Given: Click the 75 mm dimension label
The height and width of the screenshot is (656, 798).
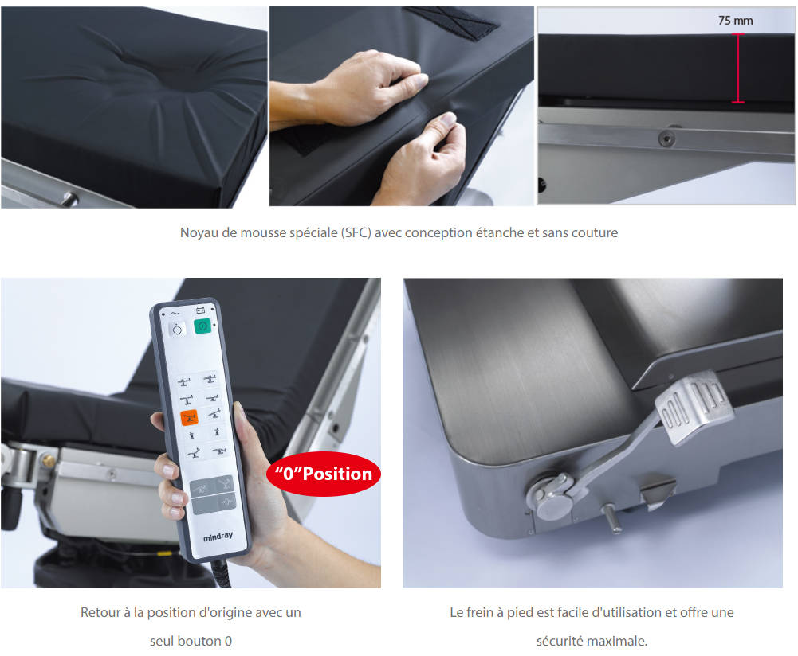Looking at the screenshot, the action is pyautogui.click(x=735, y=21).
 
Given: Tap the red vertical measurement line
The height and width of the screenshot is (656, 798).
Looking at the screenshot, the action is pyautogui.click(x=738, y=68).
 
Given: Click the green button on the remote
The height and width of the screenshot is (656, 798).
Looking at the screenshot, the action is pyautogui.click(x=202, y=326).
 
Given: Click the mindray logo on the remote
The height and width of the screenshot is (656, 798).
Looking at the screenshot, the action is pyautogui.click(x=218, y=537).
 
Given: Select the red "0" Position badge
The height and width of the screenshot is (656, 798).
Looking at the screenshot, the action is pyautogui.click(x=324, y=474).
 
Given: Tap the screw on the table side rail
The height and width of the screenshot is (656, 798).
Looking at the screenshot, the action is pyautogui.click(x=666, y=138).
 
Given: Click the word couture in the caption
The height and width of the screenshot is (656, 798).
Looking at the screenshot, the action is pyautogui.click(x=595, y=232).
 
